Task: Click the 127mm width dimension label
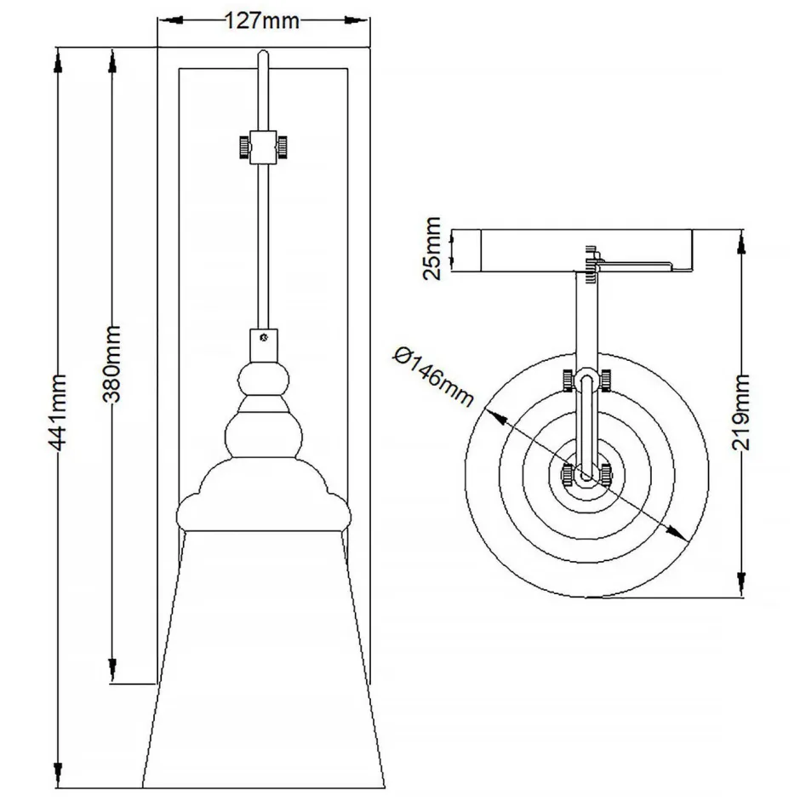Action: coord(262,21)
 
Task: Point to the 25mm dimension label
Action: coord(433,249)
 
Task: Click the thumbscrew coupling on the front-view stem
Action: coord(262,146)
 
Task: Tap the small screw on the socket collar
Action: coord(263,338)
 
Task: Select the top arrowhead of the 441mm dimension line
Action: coord(59,60)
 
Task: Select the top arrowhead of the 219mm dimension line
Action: coord(740,241)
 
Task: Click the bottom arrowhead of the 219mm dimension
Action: coord(740,586)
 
